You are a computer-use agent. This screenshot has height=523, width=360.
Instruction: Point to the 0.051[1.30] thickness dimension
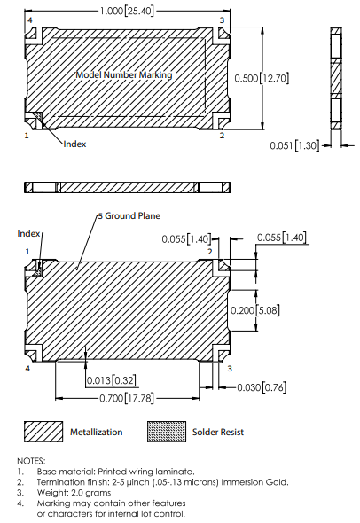[x=294, y=144]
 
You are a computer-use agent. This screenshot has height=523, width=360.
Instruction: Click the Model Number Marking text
[x=124, y=75]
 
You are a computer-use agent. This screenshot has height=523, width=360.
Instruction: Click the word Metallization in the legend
[x=96, y=433]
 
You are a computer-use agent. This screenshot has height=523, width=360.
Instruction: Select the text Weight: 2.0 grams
[x=72, y=493]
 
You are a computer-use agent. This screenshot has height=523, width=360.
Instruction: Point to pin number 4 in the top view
[x=30, y=19]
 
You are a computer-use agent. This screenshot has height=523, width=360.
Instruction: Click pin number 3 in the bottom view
[x=229, y=367]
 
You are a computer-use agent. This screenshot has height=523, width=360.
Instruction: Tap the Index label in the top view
[x=75, y=144]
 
